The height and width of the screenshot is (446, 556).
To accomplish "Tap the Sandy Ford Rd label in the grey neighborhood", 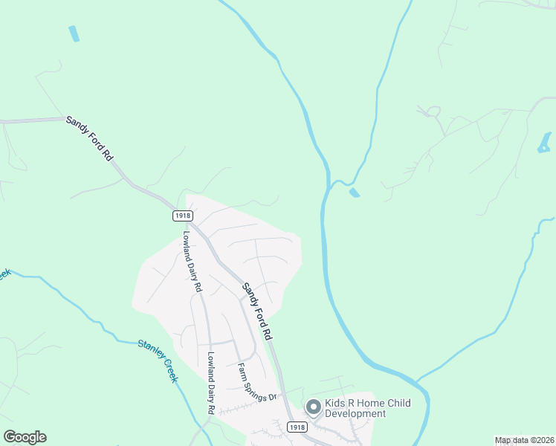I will (x=257, y=311).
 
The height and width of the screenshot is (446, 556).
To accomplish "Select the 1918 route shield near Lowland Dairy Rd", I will (x=182, y=215).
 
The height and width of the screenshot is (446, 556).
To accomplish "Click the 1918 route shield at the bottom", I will (x=297, y=427).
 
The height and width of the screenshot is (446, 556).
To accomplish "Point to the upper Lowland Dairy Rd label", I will (x=191, y=260).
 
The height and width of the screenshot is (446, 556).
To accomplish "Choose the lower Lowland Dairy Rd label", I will (x=210, y=382).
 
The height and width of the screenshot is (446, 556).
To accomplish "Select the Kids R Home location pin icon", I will (x=313, y=407).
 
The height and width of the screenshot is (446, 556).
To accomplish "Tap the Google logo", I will (x=25, y=437).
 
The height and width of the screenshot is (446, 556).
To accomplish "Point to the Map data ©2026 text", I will (x=524, y=440).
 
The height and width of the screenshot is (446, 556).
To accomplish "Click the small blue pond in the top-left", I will (x=74, y=33).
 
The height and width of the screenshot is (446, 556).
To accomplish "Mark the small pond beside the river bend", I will (x=354, y=193).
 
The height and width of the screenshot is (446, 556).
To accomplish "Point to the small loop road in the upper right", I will (x=432, y=112).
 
